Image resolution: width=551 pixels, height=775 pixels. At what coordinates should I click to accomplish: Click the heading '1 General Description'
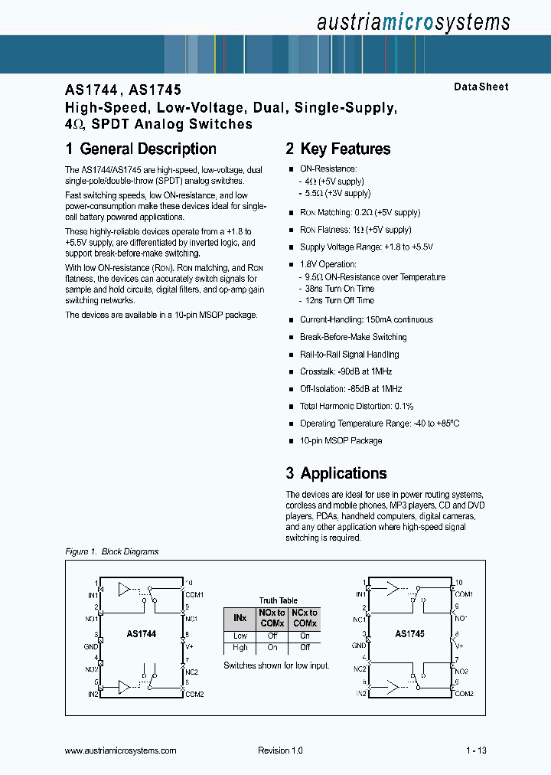[141, 149]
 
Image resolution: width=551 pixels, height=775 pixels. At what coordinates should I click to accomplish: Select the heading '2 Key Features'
[338, 149]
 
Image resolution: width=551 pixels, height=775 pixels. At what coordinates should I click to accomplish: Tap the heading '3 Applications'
[336, 473]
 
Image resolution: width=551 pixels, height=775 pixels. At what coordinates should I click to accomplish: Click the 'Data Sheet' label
[481, 87]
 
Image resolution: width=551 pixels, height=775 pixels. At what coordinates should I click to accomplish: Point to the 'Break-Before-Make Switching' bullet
[353, 337]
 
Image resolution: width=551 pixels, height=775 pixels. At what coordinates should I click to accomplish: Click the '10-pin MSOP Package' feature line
[341, 440]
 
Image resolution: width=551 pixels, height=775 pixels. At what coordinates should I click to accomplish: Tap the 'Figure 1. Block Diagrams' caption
[112, 551]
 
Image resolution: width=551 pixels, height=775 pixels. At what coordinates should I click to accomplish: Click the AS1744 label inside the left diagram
[141, 634]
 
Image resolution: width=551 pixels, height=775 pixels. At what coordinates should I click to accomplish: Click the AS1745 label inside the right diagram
[409, 634]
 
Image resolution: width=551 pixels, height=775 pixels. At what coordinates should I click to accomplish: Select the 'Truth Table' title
[278, 600]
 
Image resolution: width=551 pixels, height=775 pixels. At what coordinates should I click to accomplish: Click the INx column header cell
[240, 618]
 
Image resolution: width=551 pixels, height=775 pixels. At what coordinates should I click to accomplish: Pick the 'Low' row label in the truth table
[240, 636]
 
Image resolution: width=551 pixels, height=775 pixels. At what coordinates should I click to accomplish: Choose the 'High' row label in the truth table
[240, 648]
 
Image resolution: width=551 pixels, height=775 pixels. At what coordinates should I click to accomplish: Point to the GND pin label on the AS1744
[90, 646]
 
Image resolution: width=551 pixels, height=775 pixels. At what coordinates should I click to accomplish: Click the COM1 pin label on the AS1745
[465, 594]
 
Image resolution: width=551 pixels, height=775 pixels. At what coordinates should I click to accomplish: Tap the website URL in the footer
[121, 751]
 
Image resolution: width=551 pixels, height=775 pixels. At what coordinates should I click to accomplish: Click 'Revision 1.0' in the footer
[280, 751]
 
